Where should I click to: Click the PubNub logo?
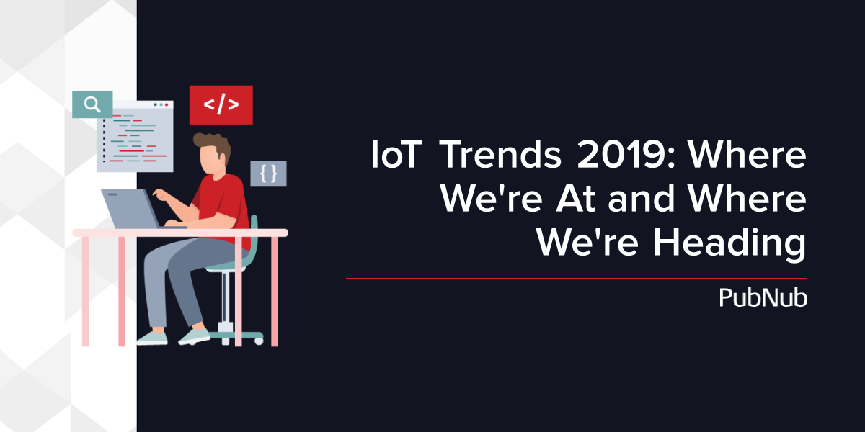click(x=763, y=298)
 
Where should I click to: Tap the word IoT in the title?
click(x=396, y=155)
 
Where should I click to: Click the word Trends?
click(x=500, y=155)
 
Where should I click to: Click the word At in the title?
click(x=575, y=199)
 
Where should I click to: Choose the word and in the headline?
click(x=641, y=198)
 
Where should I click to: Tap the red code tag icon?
click(x=221, y=105)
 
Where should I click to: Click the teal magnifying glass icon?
click(x=92, y=104)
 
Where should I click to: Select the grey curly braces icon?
click(x=268, y=174)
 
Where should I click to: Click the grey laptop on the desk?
click(x=131, y=209)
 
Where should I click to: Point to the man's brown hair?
click(x=213, y=145)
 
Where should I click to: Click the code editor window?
click(x=136, y=137)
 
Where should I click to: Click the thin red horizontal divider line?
click(x=577, y=278)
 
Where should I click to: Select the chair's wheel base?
click(x=236, y=336)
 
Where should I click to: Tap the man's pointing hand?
click(x=160, y=194)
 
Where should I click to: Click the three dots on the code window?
click(x=161, y=104)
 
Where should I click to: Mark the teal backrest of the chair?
click(x=252, y=239)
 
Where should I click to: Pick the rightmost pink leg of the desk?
click(x=275, y=291)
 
